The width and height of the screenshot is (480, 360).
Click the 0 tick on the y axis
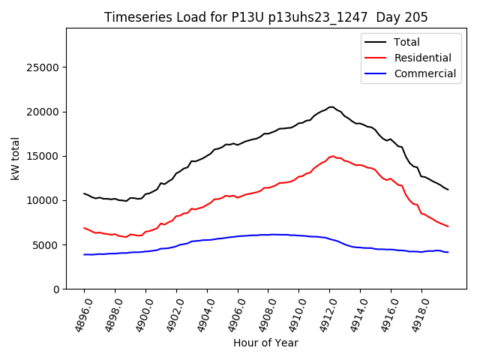coord(55,289)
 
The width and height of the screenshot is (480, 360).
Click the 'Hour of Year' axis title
coord(265,343)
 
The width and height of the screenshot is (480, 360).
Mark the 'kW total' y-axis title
coord(15,158)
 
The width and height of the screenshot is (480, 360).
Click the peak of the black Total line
coord(331,106)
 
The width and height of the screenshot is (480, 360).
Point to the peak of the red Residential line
coord(331,156)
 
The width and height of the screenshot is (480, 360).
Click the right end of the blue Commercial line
coord(448,252)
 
